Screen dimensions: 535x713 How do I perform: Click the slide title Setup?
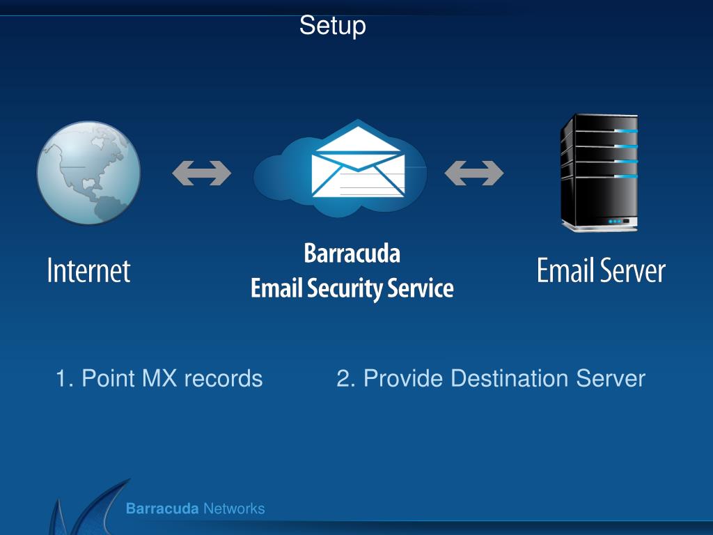(332, 26)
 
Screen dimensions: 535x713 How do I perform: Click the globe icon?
(88, 173)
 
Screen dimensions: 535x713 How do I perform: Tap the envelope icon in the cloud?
(357, 162)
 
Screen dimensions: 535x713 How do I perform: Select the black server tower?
(599, 173)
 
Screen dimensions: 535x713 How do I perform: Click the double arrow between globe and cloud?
(201, 173)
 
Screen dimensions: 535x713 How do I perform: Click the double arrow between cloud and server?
(473, 173)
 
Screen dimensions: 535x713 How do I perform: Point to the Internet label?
(88, 271)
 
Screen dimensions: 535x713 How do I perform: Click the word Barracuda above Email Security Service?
(352, 254)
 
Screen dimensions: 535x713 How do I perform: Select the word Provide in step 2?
(402, 379)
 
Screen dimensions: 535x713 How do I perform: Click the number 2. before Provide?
(345, 379)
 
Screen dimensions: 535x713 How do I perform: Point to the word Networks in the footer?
(233, 509)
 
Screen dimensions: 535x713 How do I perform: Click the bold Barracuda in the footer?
(162, 509)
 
